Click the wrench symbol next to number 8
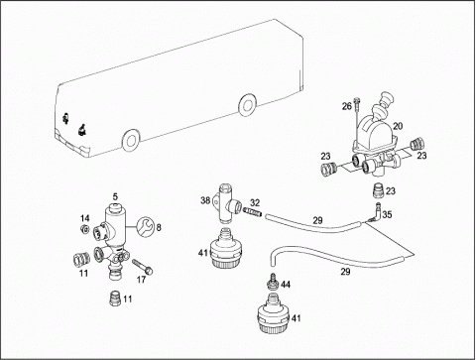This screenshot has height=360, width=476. [x=145, y=226]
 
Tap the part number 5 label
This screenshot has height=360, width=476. [x=115, y=197]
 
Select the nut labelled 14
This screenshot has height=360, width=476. [x=84, y=228]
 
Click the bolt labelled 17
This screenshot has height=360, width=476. [x=142, y=267]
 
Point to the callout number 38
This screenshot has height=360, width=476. [x=205, y=200]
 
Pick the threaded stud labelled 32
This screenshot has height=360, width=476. [x=253, y=211]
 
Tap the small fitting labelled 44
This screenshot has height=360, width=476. [x=274, y=281]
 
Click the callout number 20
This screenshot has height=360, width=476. [x=398, y=126]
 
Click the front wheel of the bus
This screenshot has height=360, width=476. [x=131, y=140]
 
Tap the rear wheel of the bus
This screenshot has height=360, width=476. [x=247, y=105]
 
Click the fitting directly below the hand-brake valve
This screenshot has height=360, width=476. [x=379, y=190]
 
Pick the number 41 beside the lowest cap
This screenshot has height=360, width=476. [x=296, y=318]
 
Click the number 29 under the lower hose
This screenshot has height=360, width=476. [x=345, y=272]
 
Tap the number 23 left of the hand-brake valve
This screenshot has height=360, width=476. [x=325, y=156]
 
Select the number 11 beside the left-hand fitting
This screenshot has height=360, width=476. [x=83, y=273]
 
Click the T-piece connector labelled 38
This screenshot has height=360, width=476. [x=226, y=205]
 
